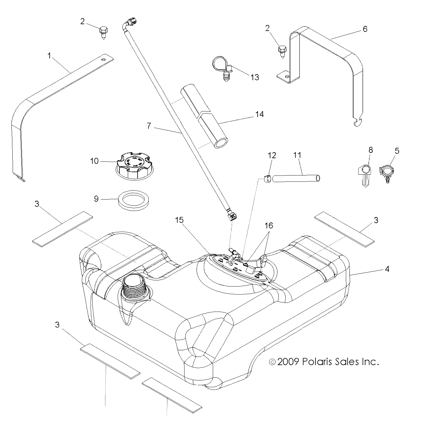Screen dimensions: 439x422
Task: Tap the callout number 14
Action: tap(259, 114)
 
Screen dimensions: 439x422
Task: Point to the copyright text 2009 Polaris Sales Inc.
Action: tap(324, 362)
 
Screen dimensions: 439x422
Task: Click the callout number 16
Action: tap(269, 225)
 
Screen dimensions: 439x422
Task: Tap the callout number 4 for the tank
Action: tap(387, 269)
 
